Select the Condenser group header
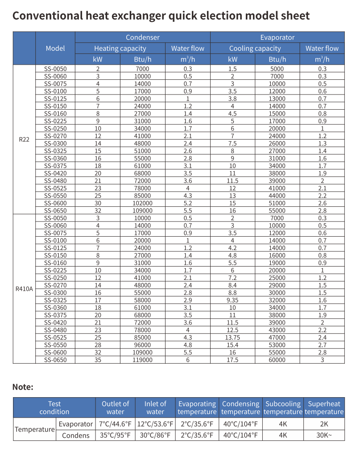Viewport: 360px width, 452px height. pyautogui.click(x=142, y=37)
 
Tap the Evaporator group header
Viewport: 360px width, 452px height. pyautogui.click(x=277, y=37)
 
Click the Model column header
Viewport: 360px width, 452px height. pyautogui.click(x=55, y=48)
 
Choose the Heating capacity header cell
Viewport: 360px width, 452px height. pyautogui.click(x=120, y=48)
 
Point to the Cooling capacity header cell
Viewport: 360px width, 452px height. pyautogui.click(x=255, y=48)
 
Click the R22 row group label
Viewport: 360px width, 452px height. pyautogui.click(x=24, y=140)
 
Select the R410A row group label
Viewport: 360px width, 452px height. pyautogui.click(x=24, y=288)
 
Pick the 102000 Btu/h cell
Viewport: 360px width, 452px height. pyautogui.click(x=143, y=203)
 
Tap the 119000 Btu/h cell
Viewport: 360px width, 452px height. pyautogui.click(x=143, y=359)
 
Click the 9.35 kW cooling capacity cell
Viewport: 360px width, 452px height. pyautogui.click(x=232, y=300)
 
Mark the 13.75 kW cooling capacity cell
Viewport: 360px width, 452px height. pyautogui.click(x=232, y=337)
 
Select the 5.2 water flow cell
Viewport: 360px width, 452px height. pyautogui.click(x=188, y=203)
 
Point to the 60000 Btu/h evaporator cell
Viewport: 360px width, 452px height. pyautogui.click(x=277, y=359)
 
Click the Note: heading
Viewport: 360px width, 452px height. pyautogui.click(x=23, y=387)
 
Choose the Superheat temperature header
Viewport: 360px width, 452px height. pyautogui.click(x=324, y=407)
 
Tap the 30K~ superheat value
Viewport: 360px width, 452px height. pyautogui.click(x=324, y=435)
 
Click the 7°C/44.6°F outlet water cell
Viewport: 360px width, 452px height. pyautogui.click(x=115, y=423)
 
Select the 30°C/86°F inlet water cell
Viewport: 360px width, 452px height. pyautogui.click(x=155, y=435)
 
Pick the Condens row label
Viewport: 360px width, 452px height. pyautogui.click(x=75, y=435)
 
